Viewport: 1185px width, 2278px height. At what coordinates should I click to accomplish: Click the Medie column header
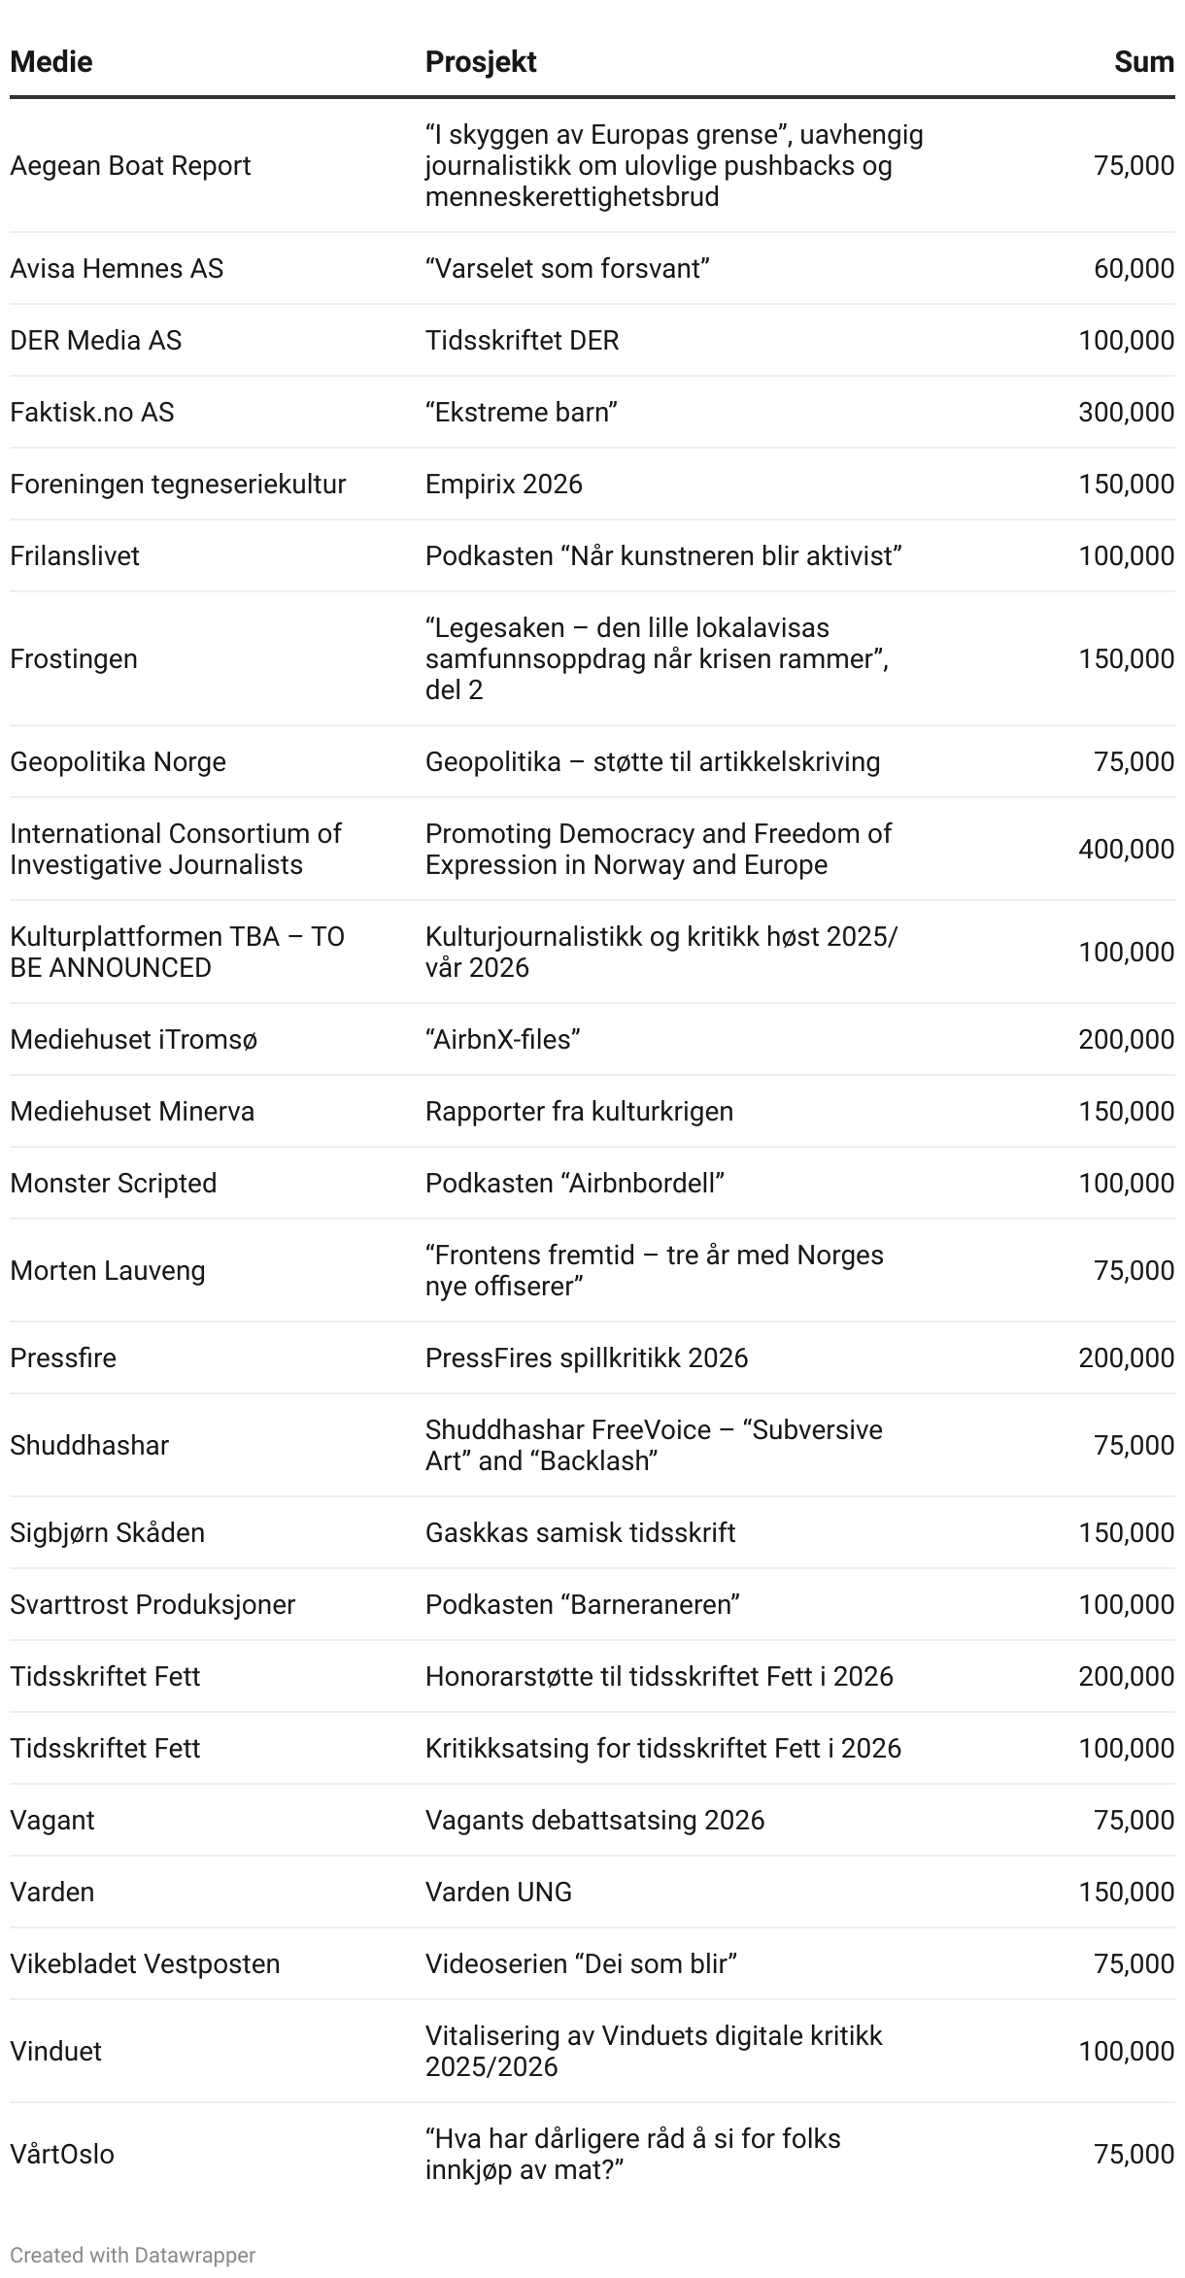[x=51, y=62]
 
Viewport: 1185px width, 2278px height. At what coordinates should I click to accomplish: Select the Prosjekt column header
[x=481, y=62]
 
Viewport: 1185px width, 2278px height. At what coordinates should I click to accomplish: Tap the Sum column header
[x=1144, y=62]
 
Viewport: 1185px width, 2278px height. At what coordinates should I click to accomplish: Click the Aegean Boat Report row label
[x=130, y=166]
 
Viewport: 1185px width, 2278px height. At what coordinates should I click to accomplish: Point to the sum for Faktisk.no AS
[x=1126, y=413]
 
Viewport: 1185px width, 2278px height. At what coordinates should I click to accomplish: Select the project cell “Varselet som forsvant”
[x=567, y=269]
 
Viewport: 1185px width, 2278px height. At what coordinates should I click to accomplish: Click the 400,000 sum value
[x=1126, y=850]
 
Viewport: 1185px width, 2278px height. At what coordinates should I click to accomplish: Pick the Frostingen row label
[x=74, y=659]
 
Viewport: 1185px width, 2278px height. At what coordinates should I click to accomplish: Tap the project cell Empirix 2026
[x=503, y=485]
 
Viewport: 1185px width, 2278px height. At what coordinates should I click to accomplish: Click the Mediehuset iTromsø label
[x=134, y=1040]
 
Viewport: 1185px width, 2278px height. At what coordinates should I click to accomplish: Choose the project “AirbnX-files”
[x=502, y=1040]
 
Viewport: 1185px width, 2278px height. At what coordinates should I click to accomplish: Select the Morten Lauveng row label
[x=108, y=1271]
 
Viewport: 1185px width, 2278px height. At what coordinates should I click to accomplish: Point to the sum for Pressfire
[x=1126, y=1358]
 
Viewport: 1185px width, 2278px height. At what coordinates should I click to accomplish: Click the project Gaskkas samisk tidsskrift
[x=580, y=1533]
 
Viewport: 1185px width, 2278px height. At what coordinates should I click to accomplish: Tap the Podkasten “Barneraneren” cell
[x=582, y=1605]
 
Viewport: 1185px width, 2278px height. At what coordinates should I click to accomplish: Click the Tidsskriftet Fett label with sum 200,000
[x=105, y=1677]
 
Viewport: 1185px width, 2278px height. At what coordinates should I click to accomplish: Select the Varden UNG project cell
[x=498, y=1893]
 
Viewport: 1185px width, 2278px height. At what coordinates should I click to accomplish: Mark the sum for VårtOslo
[x=1134, y=2155]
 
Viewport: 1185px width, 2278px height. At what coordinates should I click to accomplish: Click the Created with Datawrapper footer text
[x=133, y=2256]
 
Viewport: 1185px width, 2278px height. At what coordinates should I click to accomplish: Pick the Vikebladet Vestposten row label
[x=145, y=1964]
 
